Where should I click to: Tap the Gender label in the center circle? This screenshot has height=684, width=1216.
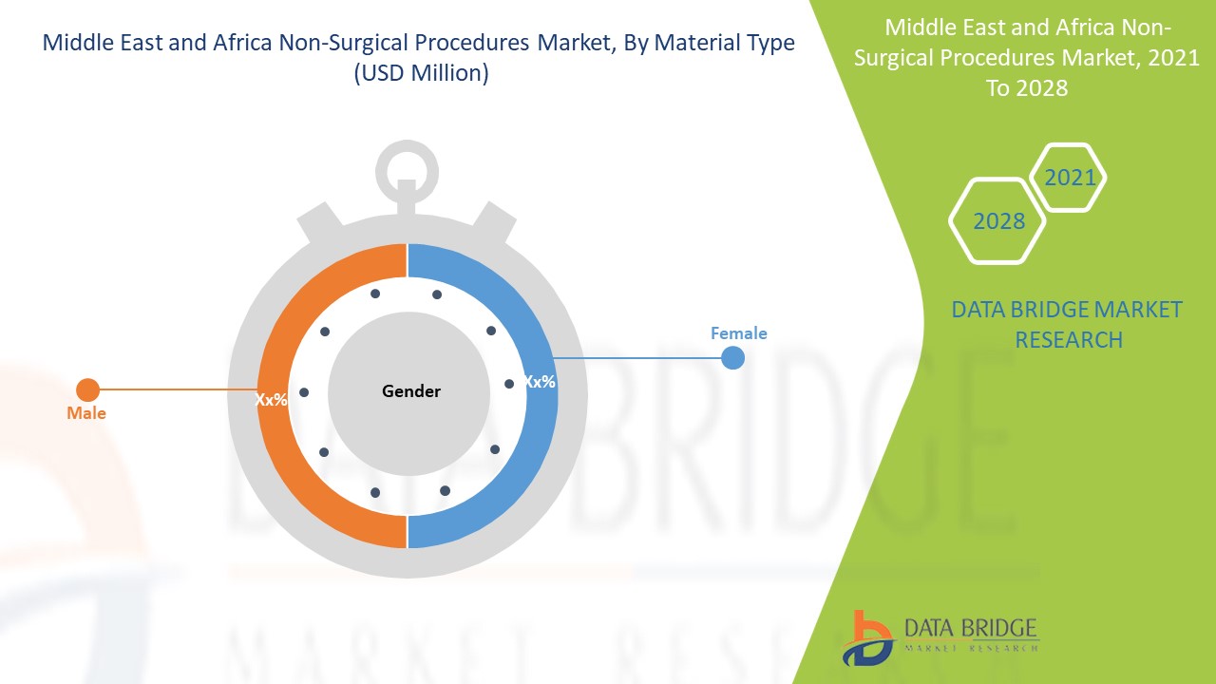411,391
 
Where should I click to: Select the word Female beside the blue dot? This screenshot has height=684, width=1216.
738,333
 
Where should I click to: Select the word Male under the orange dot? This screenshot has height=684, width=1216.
86,413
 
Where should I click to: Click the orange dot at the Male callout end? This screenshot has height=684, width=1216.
87,389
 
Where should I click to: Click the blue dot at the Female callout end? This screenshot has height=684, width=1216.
732,358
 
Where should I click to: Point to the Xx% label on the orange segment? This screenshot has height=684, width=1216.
272,400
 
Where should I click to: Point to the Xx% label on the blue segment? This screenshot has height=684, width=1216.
540,382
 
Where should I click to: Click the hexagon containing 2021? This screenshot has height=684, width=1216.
1069,178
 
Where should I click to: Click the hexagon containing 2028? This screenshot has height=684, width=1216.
998,221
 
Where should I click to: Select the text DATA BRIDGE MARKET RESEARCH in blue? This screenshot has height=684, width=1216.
1066,324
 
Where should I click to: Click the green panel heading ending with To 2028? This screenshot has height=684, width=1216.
1013,57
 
